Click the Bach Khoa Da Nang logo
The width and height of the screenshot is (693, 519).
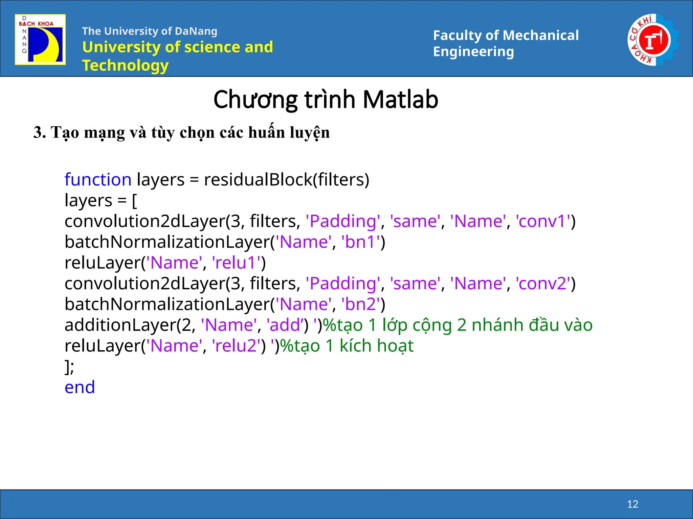40,40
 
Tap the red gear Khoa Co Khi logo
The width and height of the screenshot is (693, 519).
653,40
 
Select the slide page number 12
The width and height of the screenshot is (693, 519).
632,504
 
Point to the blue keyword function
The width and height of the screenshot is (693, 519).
98,179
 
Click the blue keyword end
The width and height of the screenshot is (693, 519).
80,387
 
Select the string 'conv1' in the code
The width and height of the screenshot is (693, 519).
543,221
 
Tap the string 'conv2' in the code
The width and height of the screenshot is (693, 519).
543,283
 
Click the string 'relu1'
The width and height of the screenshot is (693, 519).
237,263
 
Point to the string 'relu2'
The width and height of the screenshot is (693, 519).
237,346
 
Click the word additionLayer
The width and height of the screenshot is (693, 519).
120,325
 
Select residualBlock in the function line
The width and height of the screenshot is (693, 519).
258,179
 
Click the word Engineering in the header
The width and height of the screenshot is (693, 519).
473,52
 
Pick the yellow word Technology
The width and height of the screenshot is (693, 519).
125,65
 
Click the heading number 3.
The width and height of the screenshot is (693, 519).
38,132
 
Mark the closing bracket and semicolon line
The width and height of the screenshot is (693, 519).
69,367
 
